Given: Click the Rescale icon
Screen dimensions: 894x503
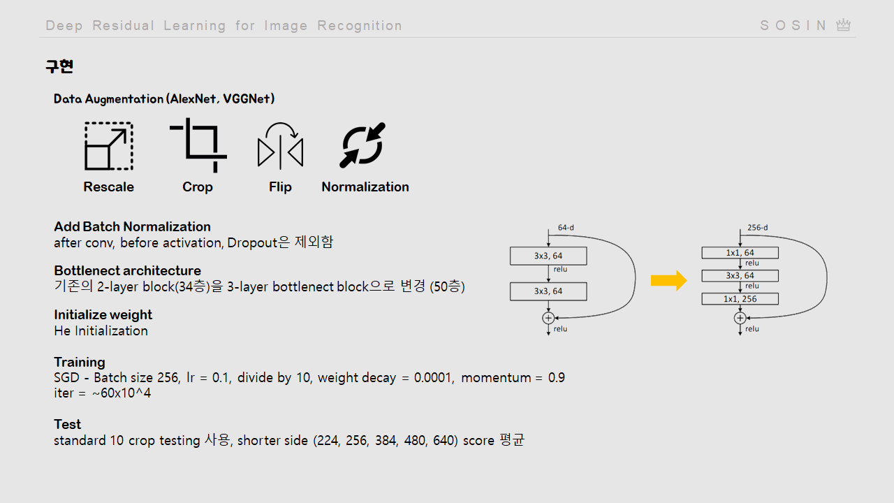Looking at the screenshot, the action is coord(108,146).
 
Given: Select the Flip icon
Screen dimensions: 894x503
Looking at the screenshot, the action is coord(280,146).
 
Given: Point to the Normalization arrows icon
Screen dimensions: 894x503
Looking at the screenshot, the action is coord(362,145).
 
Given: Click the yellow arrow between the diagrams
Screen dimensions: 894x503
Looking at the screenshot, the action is coord(668,281).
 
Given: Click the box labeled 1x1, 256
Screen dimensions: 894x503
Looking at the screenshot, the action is coord(740,299).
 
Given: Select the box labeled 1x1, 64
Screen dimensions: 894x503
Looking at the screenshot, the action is coord(740,253).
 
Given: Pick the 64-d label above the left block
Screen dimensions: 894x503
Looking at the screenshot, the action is coord(566,228).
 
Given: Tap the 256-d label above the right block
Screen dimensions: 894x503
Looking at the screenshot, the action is coord(757,228).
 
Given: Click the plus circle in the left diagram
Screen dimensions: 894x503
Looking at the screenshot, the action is coord(548,318).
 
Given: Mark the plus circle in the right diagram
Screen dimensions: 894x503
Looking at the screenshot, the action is coord(740,318).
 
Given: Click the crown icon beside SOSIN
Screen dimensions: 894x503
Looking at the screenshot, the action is coord(844,25).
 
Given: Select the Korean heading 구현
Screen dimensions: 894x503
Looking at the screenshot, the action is coord(59,66).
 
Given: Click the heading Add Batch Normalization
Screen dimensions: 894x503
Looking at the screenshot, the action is coord(132,226).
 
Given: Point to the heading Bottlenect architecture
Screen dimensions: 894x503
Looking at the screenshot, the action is coord(127,270).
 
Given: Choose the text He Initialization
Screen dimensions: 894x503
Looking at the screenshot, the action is coord(101,330).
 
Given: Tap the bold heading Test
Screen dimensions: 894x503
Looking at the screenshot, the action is coord(67,424).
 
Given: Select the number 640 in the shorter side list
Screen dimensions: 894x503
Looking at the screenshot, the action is coord(444,441).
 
